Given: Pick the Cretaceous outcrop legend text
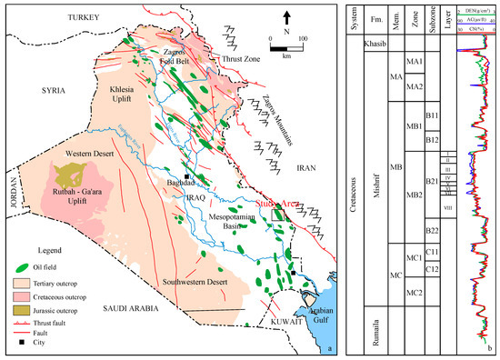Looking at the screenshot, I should click(x=67, y=296).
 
